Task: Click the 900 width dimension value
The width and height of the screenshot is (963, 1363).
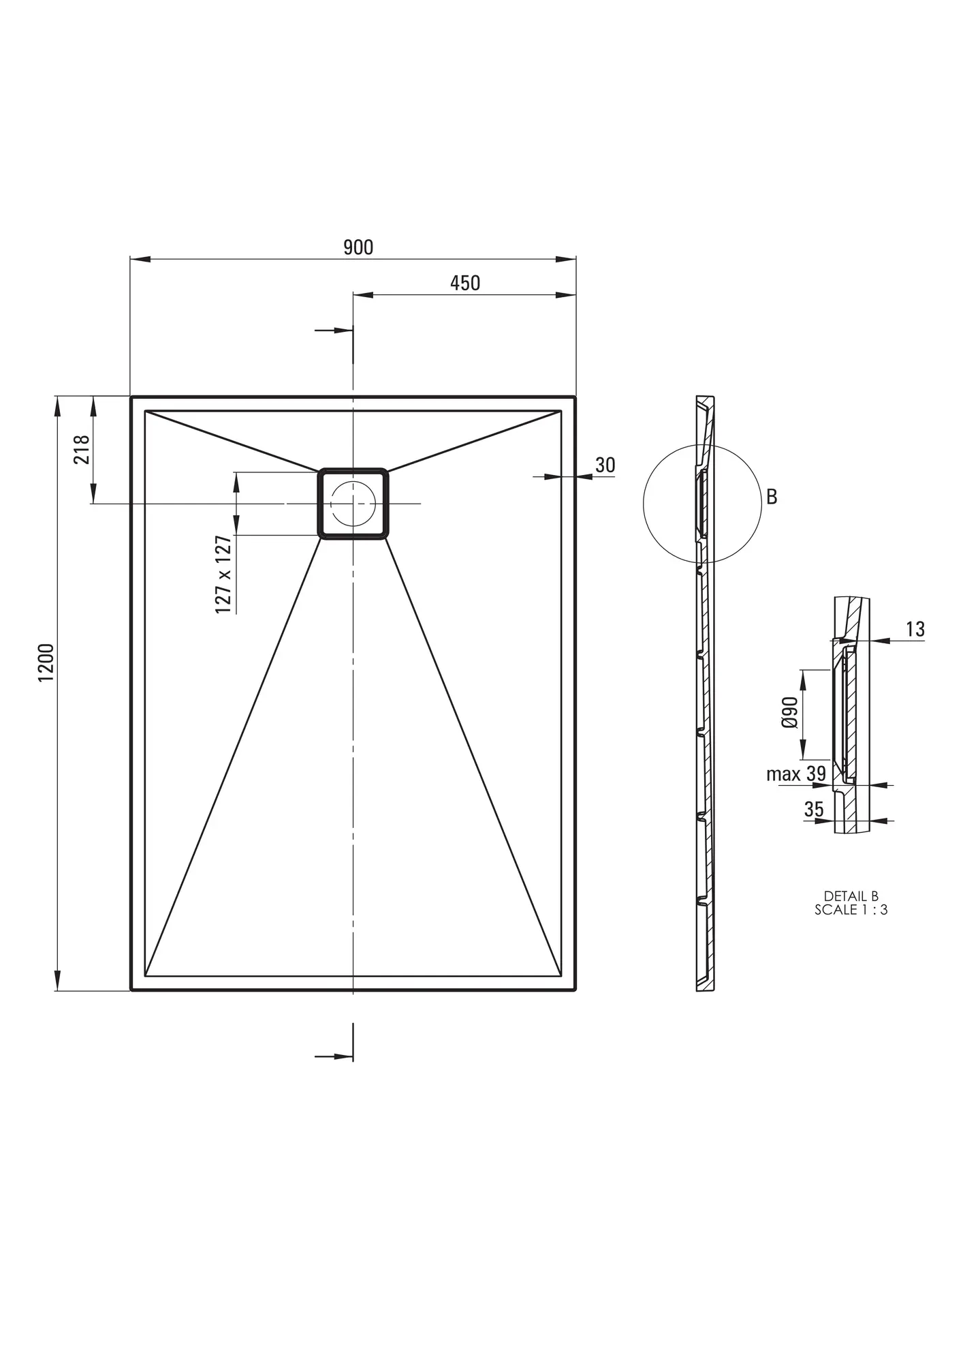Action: (x=358, y=247)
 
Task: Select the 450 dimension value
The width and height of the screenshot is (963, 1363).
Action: (x=465, y=283)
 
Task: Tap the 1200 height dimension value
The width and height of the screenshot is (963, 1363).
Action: (x=46, y=662)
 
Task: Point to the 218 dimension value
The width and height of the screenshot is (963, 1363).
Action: (x=82, y=449)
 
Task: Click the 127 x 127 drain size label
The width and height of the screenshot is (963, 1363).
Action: (x=223, y=575)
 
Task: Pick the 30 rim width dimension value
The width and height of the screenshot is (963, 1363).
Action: (x=605, y=465)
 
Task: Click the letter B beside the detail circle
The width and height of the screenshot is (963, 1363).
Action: (x=772, y=497)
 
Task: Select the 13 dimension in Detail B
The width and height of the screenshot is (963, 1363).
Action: (x=915, y=629)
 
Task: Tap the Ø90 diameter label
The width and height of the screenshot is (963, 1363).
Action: (x=790, y=713)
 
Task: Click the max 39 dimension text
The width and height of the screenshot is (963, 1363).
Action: (x=796, y=774)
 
